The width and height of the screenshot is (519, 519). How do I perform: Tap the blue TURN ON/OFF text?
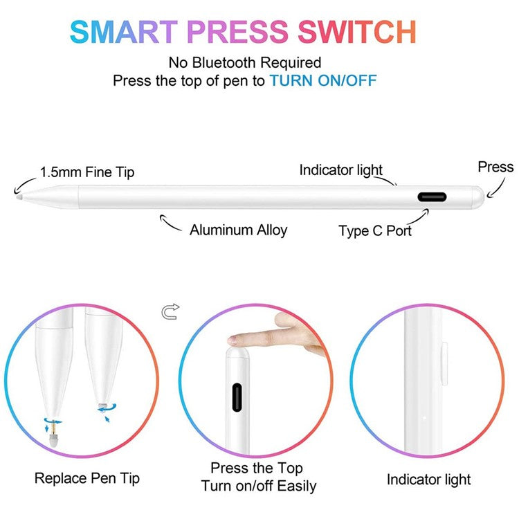pyautogui.click(x=323, y=80)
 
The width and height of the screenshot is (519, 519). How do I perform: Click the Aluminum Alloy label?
pyautogui.click(x=238, y=230)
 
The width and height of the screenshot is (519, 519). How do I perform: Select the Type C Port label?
pyautogui.click(x=375, y=230)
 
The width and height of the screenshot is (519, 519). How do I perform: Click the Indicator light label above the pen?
pyautogui.click(x=340, y=170)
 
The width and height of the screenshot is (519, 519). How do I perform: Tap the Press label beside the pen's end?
pyautogui.click(x=495, y=167)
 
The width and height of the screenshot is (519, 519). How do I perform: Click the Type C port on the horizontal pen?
pyautogui.click(x=432, y=197)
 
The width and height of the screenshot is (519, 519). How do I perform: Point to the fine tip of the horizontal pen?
pyautogui.click(x=18, y=195)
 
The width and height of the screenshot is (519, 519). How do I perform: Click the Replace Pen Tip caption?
pyautogui.click(x=87, y=478)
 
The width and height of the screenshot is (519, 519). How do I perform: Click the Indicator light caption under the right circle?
pyautogui.click(x=428, y=480)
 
